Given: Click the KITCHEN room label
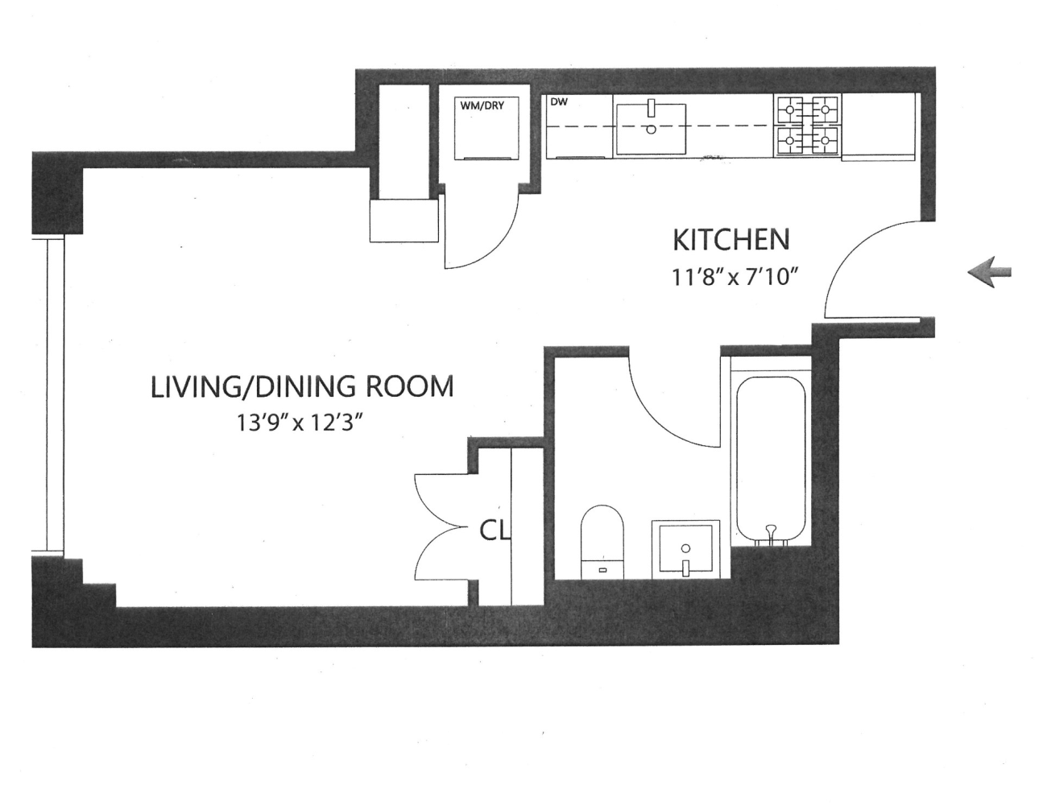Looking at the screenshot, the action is [x=731, y=240].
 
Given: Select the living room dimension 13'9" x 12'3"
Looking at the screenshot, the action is [x=299, y=423].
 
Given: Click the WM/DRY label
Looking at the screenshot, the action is [x=482, y=105].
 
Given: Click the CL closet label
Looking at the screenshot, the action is [x=495, y=530].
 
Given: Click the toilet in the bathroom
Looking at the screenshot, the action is [x=602, y=542].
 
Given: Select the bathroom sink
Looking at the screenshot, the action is [x=685, y=549].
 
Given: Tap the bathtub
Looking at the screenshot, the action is [x=771, y=459].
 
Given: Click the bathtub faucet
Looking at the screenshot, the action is [x=772, y=531].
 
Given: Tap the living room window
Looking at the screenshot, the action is [x=56, y=394].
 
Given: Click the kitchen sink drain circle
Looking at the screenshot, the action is [x=651, y=129].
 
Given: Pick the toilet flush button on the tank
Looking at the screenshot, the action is [x=602, y=570].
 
